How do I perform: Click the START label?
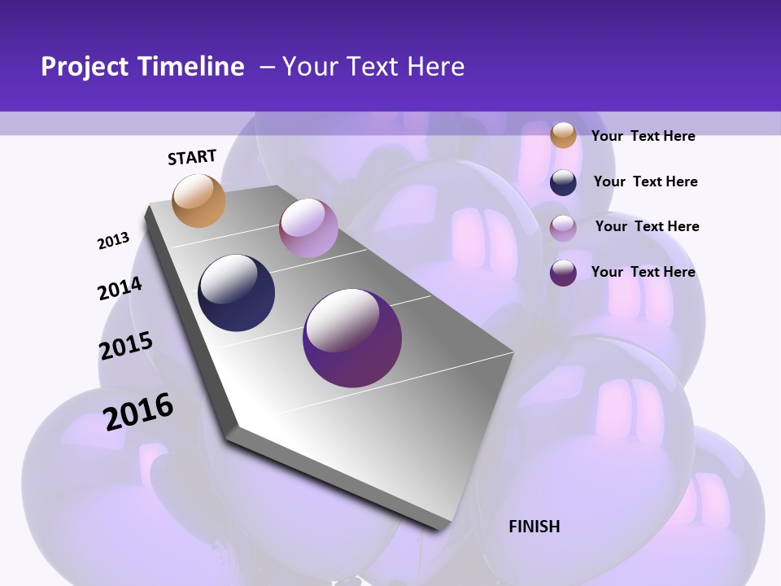click(192, 157)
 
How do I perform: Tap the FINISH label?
click(534, 527)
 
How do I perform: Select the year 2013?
click(113, 241)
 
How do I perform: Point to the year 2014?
click(120, 288)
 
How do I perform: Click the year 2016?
click(138, 411)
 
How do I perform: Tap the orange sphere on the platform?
click(199, 200)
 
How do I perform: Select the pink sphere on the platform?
click(308, 228)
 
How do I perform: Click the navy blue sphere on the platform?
click(237, 293)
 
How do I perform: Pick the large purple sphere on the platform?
click(352, 338)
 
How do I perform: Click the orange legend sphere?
click(563, 135)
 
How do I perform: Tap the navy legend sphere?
click(563, 182)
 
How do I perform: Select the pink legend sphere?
click(563, 228)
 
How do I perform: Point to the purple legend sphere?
click(563, 273)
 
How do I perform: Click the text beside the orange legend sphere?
click(643, 136)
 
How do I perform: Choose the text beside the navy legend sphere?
click(645, 181)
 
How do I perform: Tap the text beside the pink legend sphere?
click(647, 226)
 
